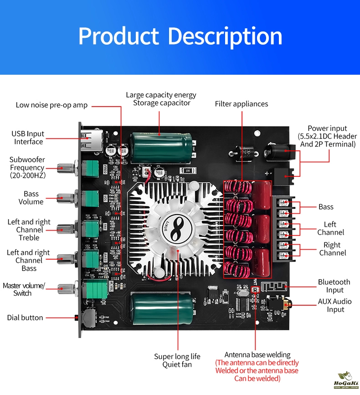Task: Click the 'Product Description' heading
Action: click(180, 36)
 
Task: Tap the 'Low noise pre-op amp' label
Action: click(51, 105)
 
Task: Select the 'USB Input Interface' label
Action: click(28, 138)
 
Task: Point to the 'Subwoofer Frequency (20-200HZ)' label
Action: click(27, 168)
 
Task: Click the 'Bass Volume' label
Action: click(31, 198)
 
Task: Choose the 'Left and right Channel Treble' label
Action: click(29, 230)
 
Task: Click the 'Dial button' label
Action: click(25, 318)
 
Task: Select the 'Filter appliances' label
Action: click(242, 104)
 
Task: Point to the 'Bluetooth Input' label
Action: click(334, 286)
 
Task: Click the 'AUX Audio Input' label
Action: click(335, 305)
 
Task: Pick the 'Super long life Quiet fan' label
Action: click(177, 360)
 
